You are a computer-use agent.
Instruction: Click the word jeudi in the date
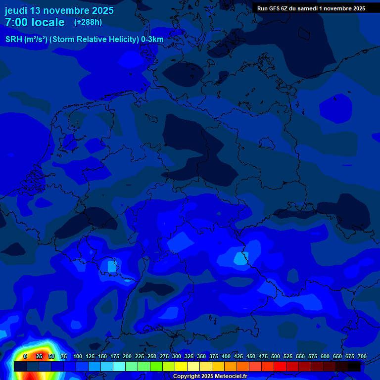pyautogui.click(x=16, y=10)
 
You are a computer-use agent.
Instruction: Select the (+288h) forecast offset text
pyautogui.click(x=88, y=22)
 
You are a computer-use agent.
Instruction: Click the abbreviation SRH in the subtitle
pyautogui.click(x=14, y=40)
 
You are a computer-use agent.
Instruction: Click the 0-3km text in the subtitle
pyautogui.click(x=152, y=40)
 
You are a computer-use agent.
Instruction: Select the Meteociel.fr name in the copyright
pyautogui.click(x=229, y=377)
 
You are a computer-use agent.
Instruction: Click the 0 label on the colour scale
pyautogui.click(x=25, y=356)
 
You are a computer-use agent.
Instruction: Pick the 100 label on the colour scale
pyautogui.click(x=78, y=356)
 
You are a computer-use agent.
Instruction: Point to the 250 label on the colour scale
pyautogui.click(x=152, y=356)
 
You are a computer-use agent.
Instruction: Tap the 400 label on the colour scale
pyautogui.click(x=226, y=356)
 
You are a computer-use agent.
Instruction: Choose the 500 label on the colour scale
pyautogui.click(x=276, y=356)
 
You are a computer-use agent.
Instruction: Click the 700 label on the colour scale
pyautogui.click(x=362, y=356)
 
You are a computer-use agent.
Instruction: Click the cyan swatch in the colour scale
pyautogui.click(x=119, y=367)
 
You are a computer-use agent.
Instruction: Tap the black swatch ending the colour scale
pyautogui.click(x=354, y=367)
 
